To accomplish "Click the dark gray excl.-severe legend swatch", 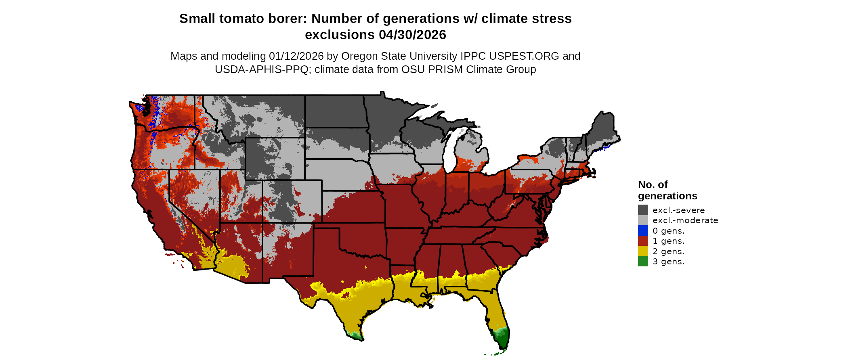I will (643, 210).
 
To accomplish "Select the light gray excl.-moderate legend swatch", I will (643, 220).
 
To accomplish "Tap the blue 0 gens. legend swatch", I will (643, 230).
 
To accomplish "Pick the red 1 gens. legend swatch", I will (643, 241).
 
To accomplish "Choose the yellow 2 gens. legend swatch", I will (643, 251).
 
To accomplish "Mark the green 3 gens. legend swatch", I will (643, 262).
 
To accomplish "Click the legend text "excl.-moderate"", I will (685, 220).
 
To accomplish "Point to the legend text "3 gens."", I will (668, 262).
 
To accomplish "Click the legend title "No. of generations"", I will (667, 190).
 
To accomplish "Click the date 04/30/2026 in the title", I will (412, 35).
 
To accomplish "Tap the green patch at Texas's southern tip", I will (354, 335).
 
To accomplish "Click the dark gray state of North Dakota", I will (335, 111).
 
